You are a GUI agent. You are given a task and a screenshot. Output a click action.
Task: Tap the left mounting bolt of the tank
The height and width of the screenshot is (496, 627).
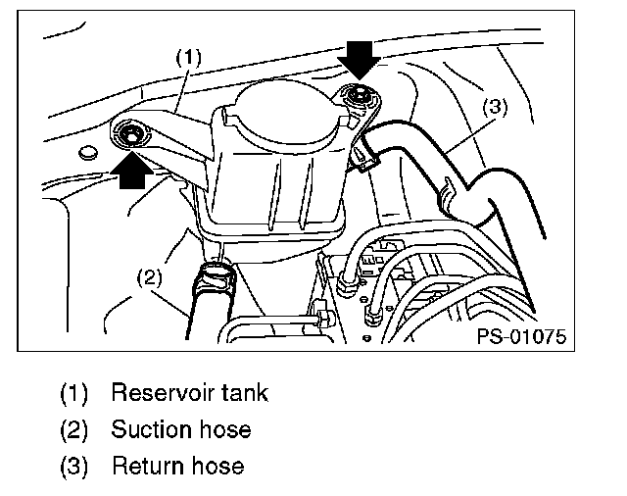128,132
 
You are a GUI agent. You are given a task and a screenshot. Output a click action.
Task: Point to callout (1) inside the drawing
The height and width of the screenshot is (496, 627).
188,58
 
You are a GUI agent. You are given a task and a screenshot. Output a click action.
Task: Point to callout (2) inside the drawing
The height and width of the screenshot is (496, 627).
147,278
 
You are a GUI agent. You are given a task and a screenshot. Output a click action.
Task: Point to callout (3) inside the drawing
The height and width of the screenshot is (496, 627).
496,107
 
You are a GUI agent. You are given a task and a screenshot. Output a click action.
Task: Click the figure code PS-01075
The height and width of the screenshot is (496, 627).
522,336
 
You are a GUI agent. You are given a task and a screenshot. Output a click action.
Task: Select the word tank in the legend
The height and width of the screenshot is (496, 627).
245,394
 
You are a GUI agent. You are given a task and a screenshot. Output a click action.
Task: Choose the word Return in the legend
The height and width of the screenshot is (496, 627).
149,465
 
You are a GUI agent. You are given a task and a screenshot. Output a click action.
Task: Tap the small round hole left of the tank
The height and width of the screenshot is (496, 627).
88,152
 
